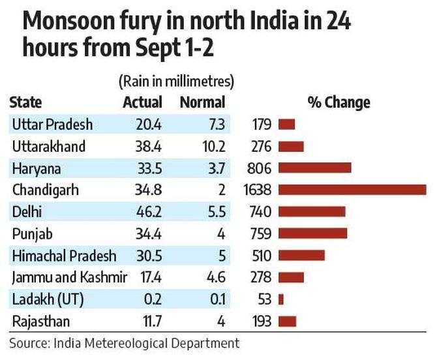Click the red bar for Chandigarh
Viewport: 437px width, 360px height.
click(352, 190)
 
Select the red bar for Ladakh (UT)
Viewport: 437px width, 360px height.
click(281, 299)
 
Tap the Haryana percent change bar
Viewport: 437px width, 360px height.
click(315, 168)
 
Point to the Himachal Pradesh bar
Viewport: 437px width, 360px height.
click(301, 256)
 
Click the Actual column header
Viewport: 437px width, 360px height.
click(142, 102)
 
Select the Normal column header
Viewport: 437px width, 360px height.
click(202, 102)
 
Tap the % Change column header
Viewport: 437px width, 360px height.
click(339, 102)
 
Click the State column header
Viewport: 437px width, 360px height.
click(26, 102)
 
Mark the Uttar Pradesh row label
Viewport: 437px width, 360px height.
click(52, 124)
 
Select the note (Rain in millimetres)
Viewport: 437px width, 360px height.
click(176, 82)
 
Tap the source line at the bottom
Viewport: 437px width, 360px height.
click(124, 343)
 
